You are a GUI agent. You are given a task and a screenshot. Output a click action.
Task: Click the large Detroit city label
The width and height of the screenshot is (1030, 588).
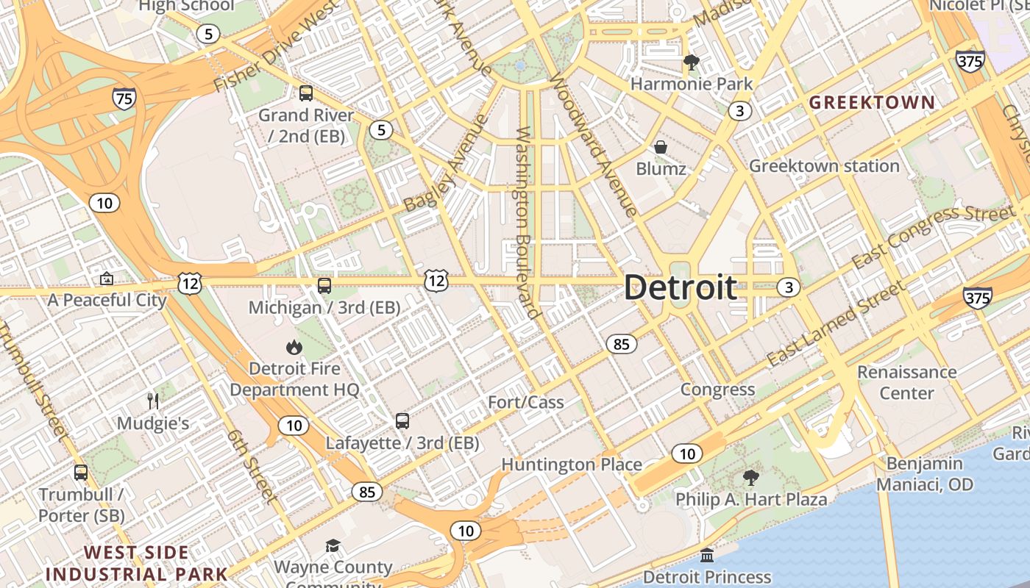(681, 287)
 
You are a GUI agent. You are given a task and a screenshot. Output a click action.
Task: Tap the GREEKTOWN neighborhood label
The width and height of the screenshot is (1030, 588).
(872, 102)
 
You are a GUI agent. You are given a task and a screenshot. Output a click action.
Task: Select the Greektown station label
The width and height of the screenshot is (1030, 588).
(824, 166)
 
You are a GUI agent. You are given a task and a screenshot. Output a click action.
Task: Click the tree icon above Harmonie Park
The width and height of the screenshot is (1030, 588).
(691, 62)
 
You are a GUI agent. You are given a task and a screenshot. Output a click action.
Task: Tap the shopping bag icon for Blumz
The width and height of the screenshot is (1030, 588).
(661, 147)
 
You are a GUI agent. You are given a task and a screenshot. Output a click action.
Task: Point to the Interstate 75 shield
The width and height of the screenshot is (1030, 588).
(124, 98)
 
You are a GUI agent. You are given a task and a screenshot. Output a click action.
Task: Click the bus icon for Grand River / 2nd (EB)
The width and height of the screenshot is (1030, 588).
(305, 93)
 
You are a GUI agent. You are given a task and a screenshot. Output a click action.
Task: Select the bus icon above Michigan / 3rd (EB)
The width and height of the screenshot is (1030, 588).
(324, 285)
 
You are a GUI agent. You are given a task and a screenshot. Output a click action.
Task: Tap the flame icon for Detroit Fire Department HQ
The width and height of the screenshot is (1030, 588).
(294, 347)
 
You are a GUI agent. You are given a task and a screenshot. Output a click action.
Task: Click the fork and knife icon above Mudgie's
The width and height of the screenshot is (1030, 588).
(153, 401)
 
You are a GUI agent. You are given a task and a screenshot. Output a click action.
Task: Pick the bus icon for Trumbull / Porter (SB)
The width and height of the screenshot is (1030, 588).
(81, 473)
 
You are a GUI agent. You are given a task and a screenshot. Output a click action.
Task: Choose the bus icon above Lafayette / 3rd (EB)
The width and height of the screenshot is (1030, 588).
(402, 421)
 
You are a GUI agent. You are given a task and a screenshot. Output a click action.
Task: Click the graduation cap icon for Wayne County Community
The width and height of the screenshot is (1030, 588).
(333, 545)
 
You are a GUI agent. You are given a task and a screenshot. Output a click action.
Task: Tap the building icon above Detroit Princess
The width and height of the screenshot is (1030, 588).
(707, 555)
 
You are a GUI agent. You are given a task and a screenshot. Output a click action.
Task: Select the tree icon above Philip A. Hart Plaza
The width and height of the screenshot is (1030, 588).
(750, 478)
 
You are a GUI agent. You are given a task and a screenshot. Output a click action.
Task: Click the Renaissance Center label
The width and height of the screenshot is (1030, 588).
(906, 382)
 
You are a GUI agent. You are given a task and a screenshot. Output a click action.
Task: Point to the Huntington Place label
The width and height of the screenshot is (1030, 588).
(572, 465)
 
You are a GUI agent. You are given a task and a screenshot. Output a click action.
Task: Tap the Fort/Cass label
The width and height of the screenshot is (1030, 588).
(526, 402)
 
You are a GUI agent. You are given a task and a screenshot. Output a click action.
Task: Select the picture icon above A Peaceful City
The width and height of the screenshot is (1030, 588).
(107, 279)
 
